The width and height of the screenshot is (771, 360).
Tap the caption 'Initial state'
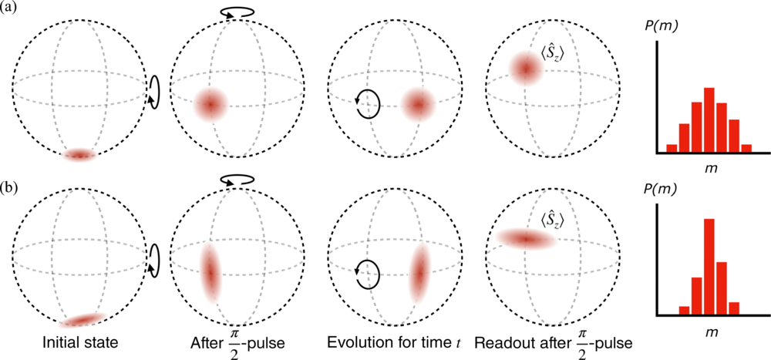tap(80, 342)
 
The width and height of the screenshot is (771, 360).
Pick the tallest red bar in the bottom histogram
tap(709, 266)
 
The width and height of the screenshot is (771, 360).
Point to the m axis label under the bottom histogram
tap(709, 332)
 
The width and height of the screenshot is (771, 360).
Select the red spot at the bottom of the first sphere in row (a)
tap(79, 155)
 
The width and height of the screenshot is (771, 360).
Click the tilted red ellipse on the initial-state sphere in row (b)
tap(82, 320)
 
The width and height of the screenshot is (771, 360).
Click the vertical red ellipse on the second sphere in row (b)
tap(210, 273)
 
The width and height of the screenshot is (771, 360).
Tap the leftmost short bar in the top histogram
tap(672, 148)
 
